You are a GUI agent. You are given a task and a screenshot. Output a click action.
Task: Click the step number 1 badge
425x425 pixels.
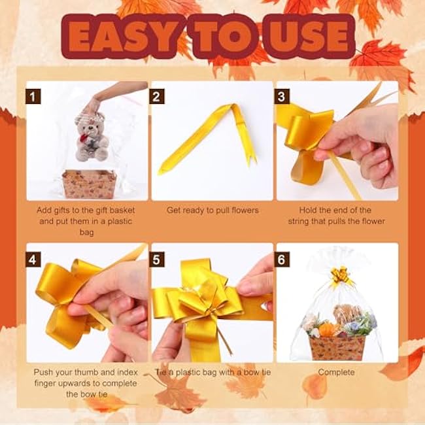pos(33,97)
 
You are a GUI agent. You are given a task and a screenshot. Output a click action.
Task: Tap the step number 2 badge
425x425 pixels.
pos(158,97)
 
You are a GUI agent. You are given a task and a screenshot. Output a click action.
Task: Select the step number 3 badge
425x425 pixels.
pos(282,97)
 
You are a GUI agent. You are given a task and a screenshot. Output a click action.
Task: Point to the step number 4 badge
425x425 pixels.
pos(33,258)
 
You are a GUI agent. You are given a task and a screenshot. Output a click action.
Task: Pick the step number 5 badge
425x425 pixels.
pos(158,258)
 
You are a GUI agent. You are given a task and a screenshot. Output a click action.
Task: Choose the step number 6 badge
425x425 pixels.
pos(282,258)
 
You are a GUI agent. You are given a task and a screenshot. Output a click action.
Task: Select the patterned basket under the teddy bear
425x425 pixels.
pos(89,184)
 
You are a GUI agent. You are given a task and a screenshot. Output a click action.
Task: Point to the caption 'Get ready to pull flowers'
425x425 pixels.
pos(212,210)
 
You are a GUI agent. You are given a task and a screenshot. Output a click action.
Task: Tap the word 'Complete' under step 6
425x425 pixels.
pos(336,372)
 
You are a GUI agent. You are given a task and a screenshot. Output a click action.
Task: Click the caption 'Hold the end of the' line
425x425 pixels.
pos(337,210)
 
